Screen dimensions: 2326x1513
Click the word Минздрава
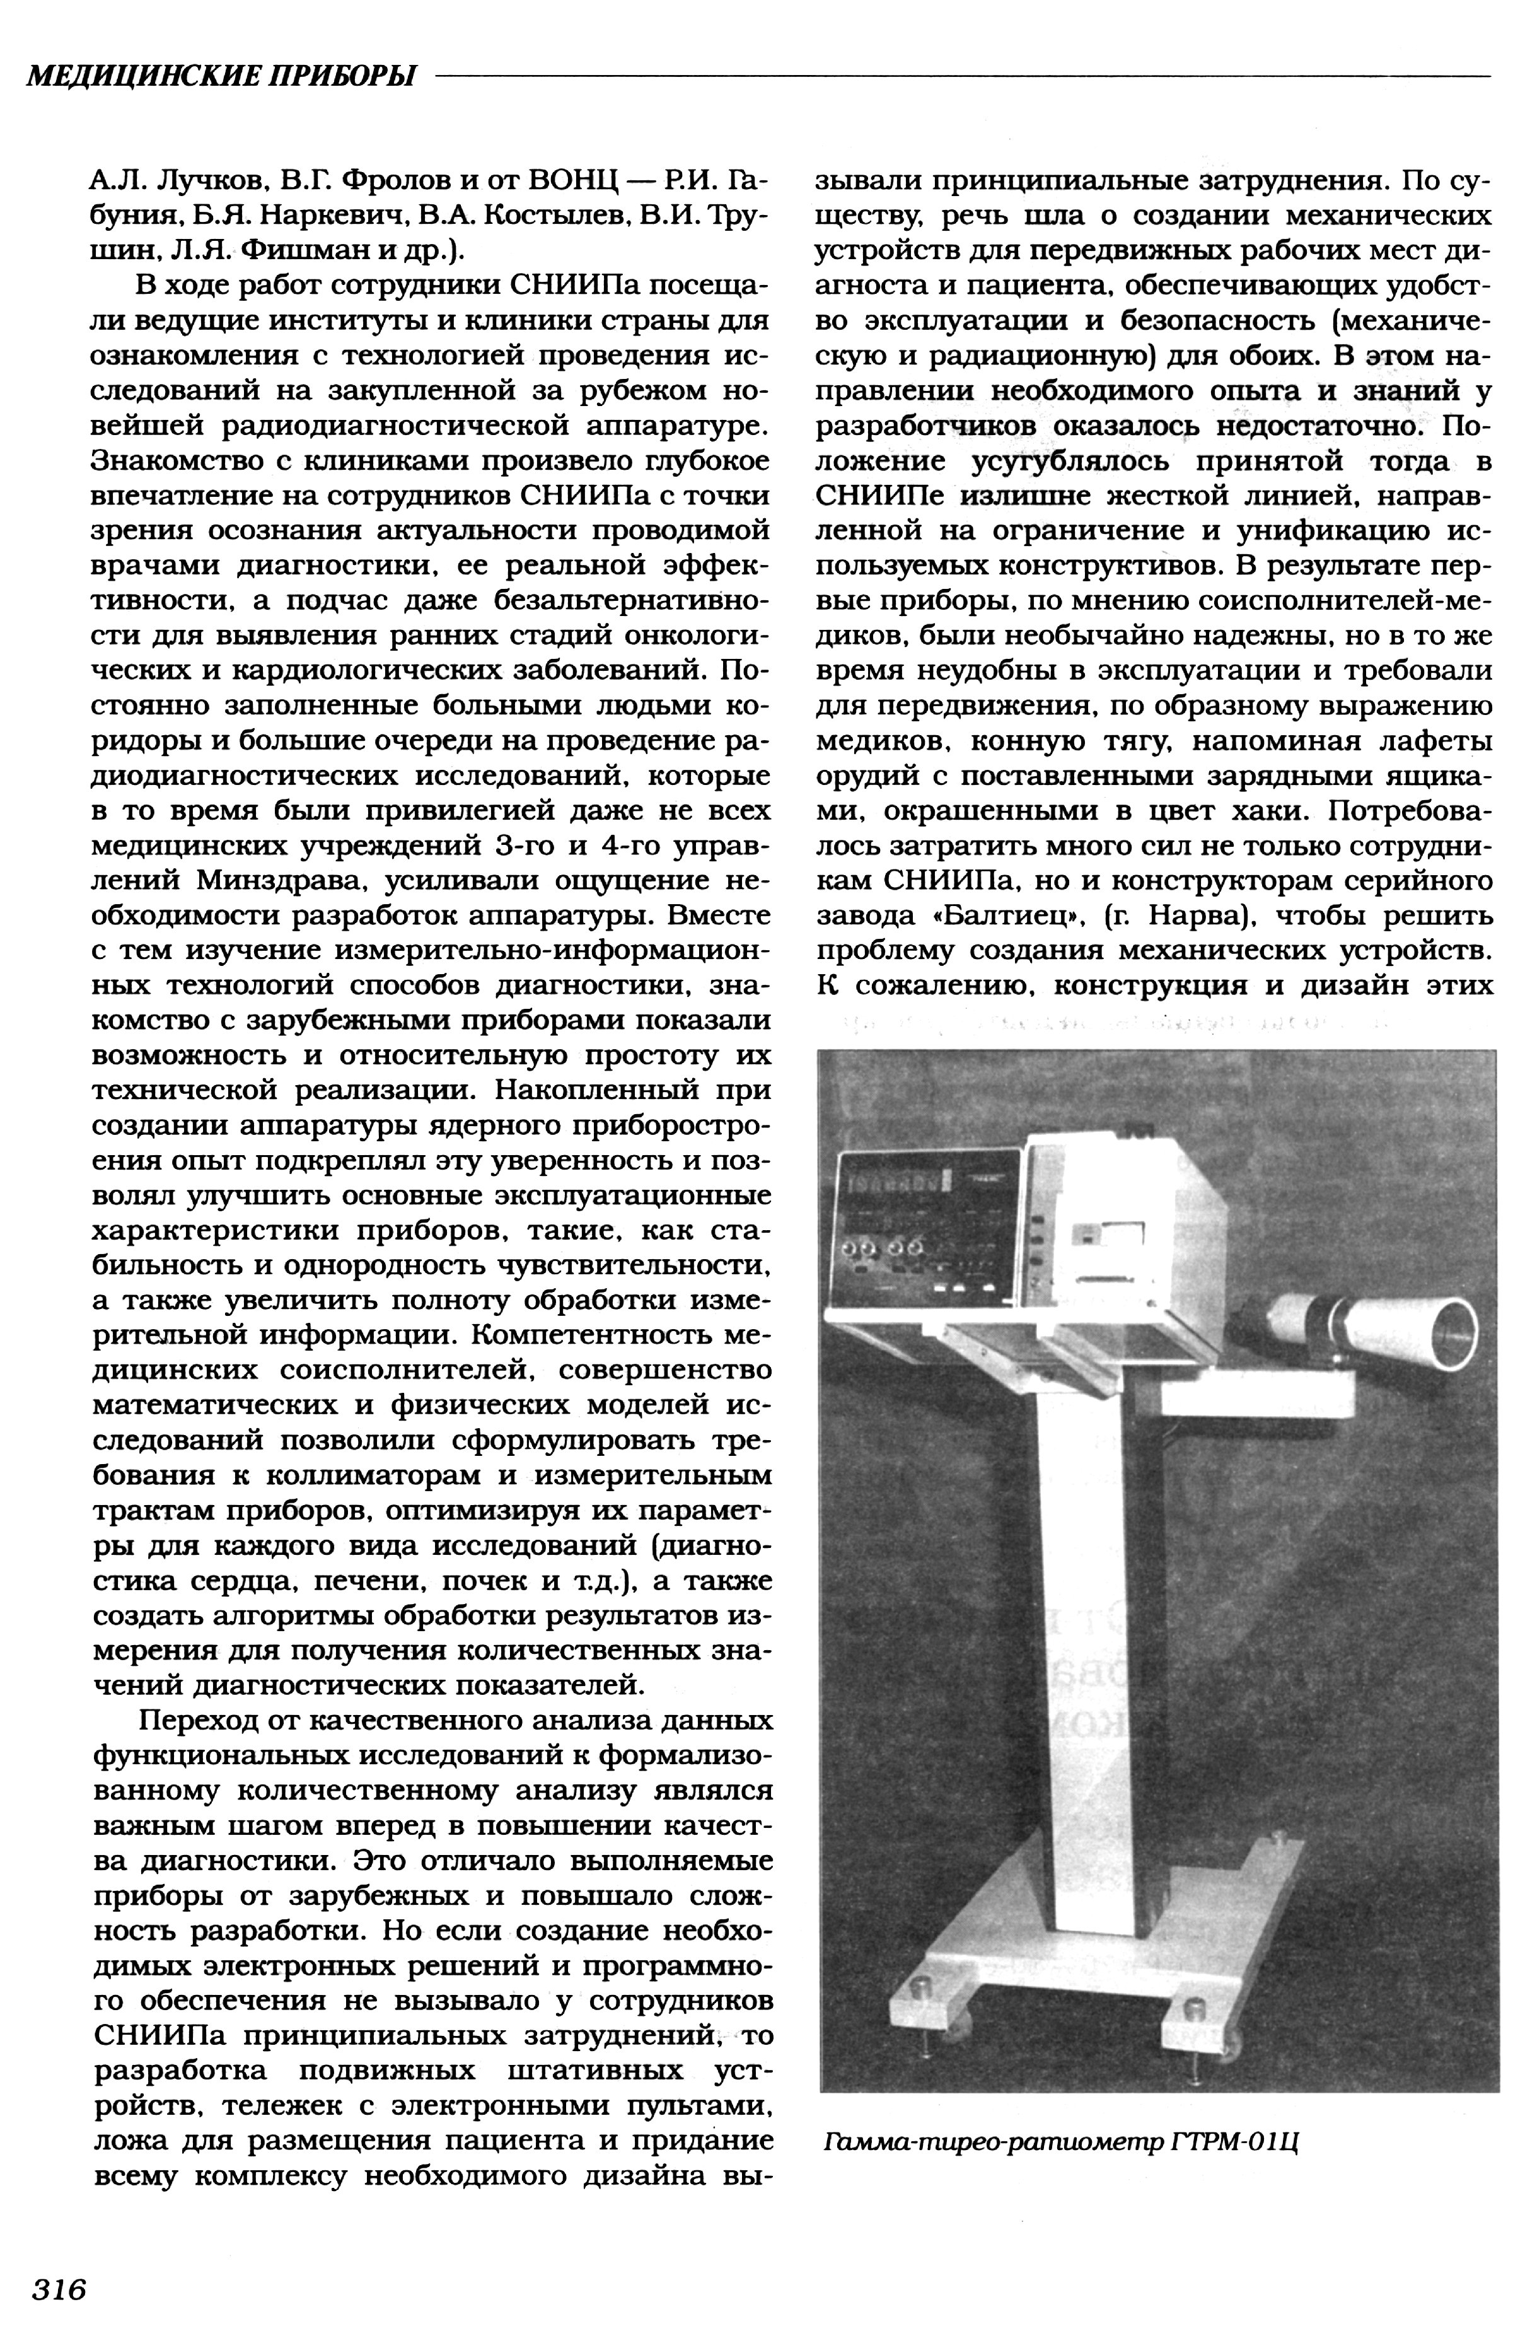click(x=282, y=881)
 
